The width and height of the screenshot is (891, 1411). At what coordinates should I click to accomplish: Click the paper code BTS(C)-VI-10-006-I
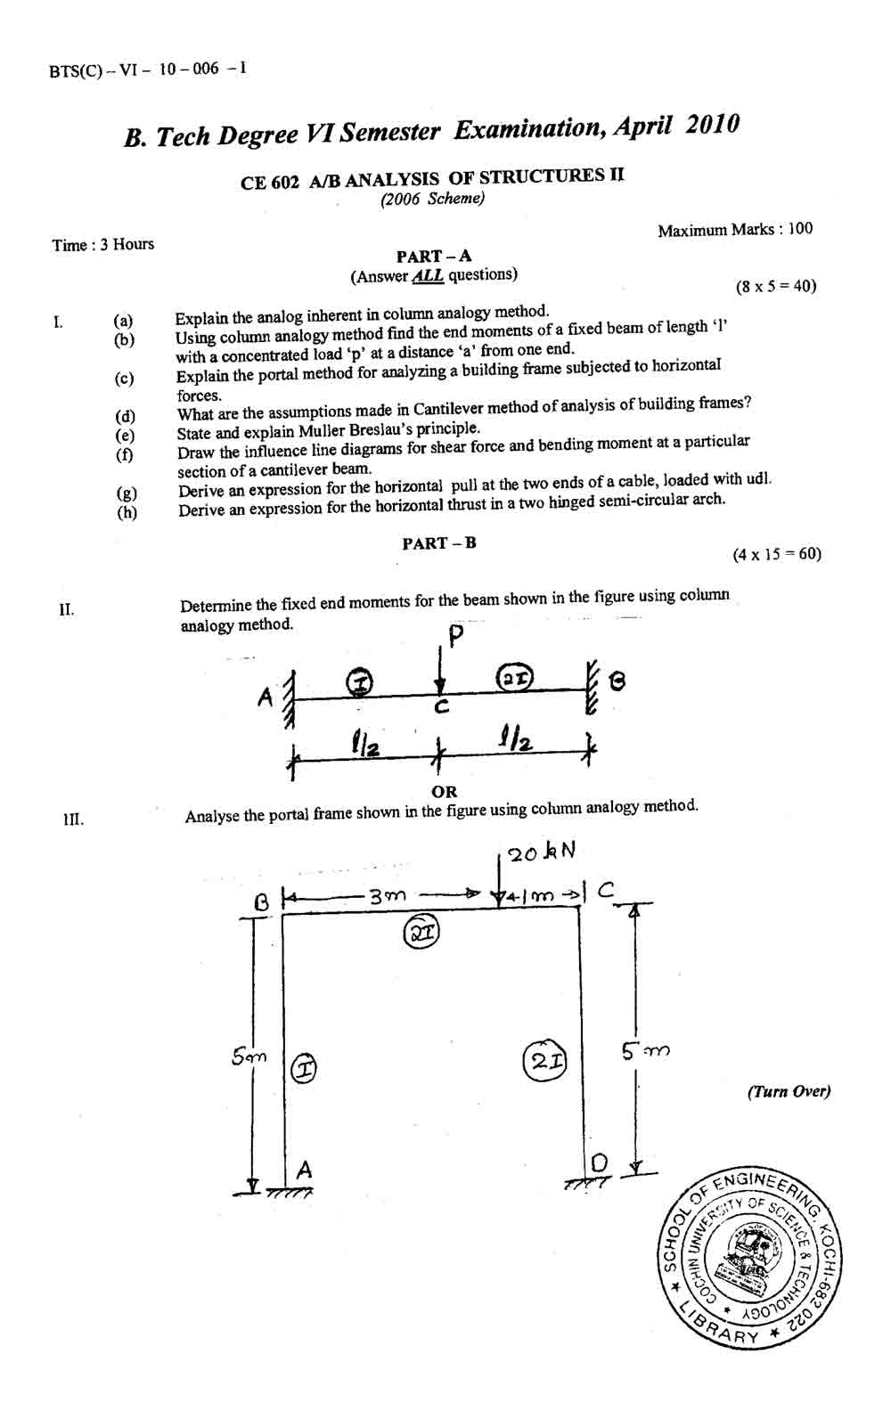tap(147, 69)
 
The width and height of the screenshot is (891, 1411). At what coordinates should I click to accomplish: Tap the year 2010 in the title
tap(712, 124)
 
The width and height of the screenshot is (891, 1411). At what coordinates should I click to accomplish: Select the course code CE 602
tap(269, 183)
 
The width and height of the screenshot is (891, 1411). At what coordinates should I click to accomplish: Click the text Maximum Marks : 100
tap(735, 229)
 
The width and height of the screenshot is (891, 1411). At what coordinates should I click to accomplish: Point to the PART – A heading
tap(434, 257)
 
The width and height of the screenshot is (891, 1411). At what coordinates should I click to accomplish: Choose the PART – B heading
tap(439, 543)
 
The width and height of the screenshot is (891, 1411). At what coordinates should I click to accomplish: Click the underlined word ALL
tap(428, 276)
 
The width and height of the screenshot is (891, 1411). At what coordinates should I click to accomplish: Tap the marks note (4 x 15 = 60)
tap(777, 554)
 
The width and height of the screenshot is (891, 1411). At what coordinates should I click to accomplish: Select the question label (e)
tap(125, 435)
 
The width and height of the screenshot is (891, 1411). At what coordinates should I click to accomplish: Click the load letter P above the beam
tap(455, 636)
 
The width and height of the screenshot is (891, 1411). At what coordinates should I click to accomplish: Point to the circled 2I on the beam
tap(516, 678)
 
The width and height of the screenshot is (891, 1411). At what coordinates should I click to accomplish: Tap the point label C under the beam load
tap(442, 707)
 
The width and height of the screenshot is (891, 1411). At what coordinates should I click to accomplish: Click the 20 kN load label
tap(541, 852)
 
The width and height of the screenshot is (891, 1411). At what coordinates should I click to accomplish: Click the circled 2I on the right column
tap(545, 1062)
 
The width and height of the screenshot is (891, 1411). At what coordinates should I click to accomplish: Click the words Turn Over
tap(789, 1091)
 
